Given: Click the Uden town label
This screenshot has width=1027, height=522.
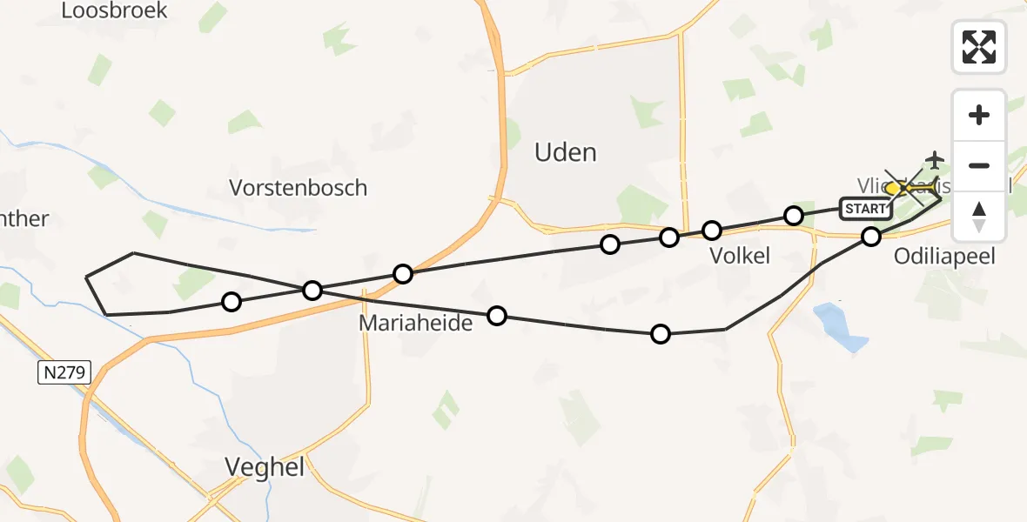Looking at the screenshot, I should pyautogui.click(x=565, y=153).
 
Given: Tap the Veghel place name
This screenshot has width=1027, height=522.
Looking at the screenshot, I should pyautogui.click(x=265, y=467).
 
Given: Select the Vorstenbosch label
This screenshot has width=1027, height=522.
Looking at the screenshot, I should pyautogui.click(x=298, y=188).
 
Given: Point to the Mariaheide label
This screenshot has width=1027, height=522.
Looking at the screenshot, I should pyautogui.click(x=415, y=324).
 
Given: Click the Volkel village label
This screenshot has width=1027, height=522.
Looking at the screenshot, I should pyautogui.click(x=739, y=256).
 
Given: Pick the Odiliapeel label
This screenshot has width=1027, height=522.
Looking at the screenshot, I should pyautogui.click(x=944, y=257).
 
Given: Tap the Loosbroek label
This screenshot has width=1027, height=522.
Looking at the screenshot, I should pyautogui.click(x=114, y=11).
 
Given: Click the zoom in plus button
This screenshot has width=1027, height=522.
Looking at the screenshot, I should pyautogui.click(x=979, y=115).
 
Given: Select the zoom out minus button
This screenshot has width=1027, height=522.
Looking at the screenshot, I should pyautogui.click(x=979, y=165).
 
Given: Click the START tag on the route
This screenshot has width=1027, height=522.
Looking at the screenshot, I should pyautogui.click(x=865, y=208).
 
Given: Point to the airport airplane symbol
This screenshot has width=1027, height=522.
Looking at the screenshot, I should pyautogui.click(x=935, y=160).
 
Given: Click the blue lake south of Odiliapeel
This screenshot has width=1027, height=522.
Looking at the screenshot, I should pyautogui.click(x=839, y=325).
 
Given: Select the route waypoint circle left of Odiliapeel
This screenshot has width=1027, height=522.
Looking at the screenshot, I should pyautogui.click(x=871, y=236).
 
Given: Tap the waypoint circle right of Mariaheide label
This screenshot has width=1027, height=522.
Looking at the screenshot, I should pyautogui.click(x=496, y=315).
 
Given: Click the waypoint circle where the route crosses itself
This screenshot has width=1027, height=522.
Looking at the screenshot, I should pyautogui.click(x=312, y=290).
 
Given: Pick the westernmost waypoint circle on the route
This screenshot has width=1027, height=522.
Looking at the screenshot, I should pyautogui.click(x=231, y=302).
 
